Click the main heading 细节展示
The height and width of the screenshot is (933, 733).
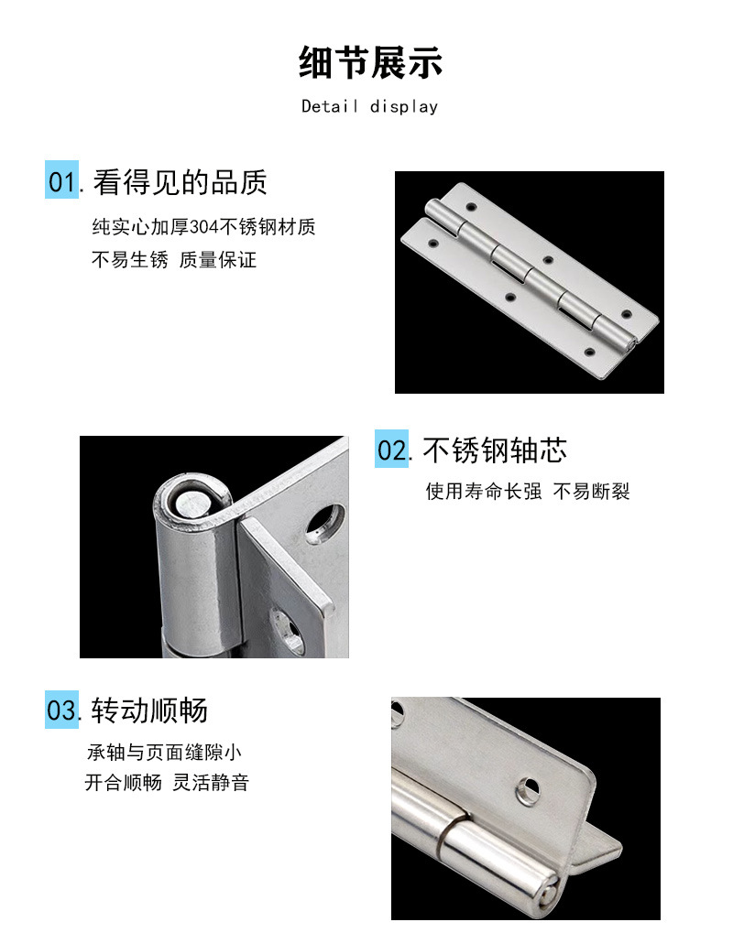click(370, 62)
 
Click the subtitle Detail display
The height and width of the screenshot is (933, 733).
click(370, 106)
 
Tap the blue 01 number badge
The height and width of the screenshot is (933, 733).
click(62, 179)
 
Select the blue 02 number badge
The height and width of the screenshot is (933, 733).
click(392, 449)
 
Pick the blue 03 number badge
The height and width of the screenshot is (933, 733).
click(62, 710)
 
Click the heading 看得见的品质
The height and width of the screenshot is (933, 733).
click(180, 182)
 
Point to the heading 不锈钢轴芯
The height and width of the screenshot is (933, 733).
click(495, 450)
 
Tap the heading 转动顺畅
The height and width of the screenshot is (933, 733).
click(149, 711)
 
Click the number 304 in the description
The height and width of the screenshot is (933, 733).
click(204, 227)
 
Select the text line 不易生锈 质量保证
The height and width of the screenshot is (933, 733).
click(174, 260)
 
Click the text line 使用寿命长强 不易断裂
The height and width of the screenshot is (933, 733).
click(528, 492)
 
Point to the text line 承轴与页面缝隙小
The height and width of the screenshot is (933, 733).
click(164, 753)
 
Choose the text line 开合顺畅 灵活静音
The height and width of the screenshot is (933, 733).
click(167, 783)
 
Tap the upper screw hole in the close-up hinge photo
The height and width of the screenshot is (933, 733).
click(324, 524)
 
